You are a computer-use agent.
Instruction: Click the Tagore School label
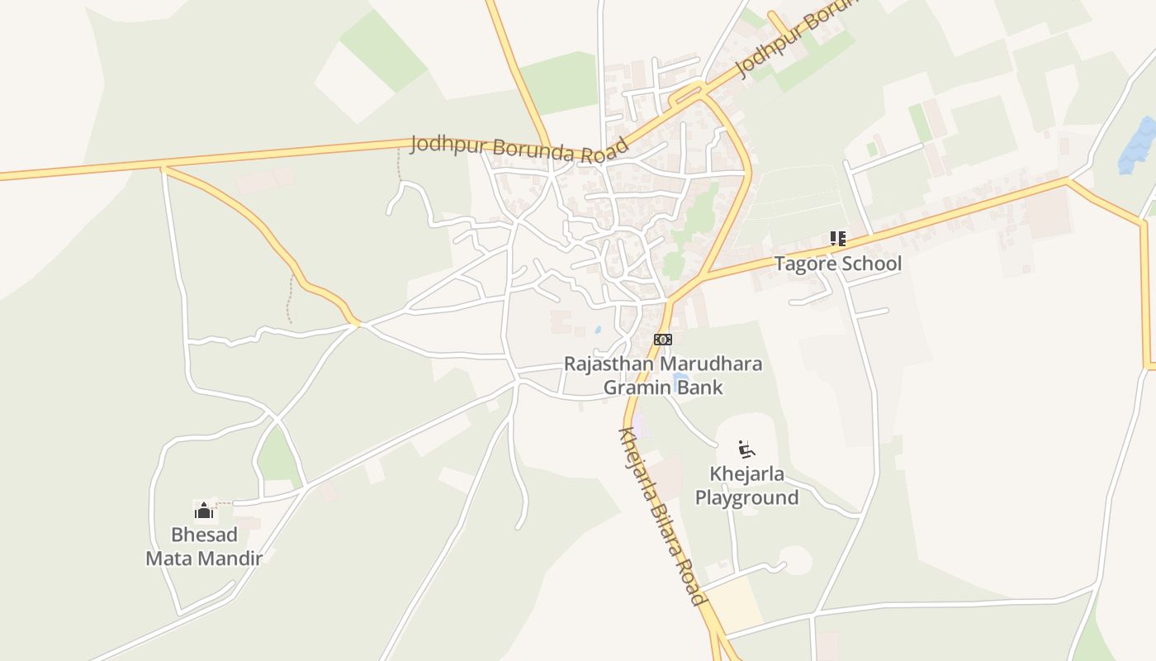(x=837, y=264)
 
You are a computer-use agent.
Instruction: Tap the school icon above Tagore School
(x=838, y=239)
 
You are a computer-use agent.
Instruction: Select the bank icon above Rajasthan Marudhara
(x=663, y=340)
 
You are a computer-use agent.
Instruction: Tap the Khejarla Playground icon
(x=746, y=449)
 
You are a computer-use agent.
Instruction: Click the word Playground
(x=746, y=497)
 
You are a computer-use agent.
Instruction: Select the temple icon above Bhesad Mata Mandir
(x=204, y=511)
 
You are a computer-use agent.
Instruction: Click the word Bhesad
(x=204, y=535)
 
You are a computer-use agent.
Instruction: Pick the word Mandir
(x=231, y=559)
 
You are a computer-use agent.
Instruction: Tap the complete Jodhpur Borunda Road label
(x=519, y=148)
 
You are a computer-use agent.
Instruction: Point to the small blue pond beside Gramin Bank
(x=680, y=383)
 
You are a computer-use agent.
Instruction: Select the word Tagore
(x=803, y=264)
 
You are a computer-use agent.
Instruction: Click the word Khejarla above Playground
(x=746, y=474)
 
